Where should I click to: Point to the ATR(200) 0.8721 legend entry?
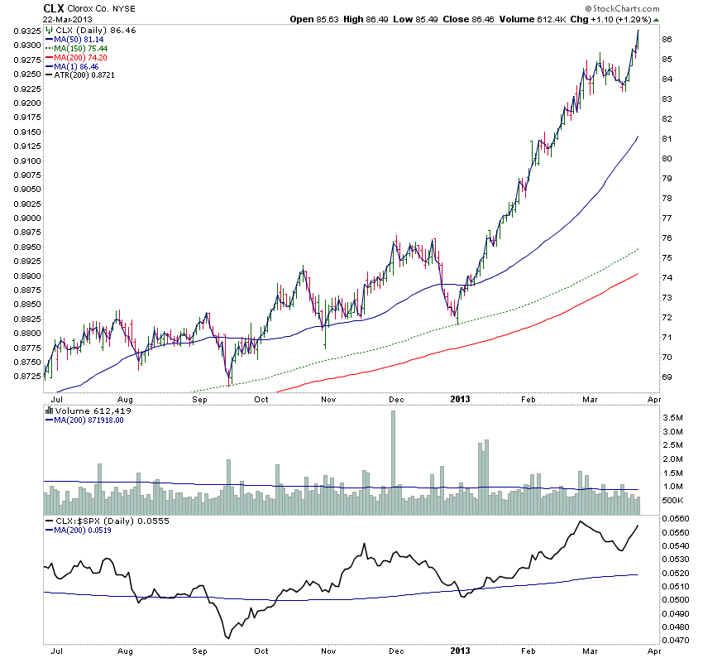(x=87, y=76)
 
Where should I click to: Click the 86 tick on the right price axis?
(x=666, y=39)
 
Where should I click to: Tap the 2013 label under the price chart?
(x=461, y=399)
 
